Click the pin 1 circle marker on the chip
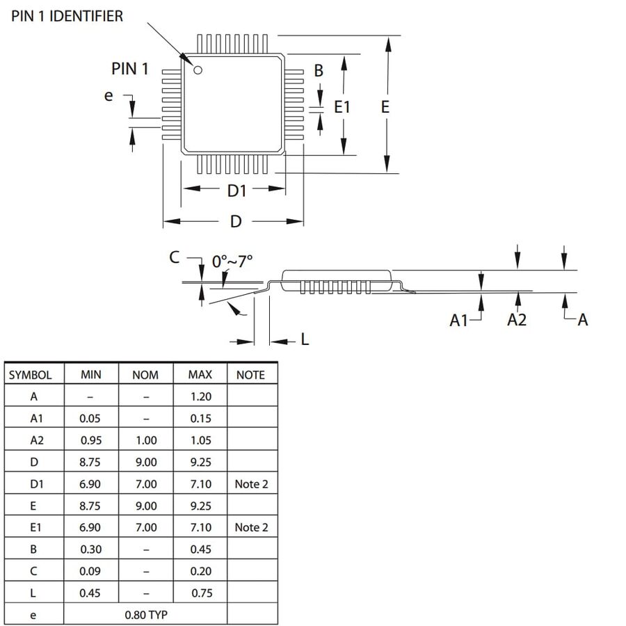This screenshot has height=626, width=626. click(198, 70)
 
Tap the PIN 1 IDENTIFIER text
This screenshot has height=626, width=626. click(67, 17)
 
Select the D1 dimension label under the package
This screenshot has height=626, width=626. click(236, 191)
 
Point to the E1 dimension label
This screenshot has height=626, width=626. click(342, 107)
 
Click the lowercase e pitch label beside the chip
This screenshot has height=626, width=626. click(109, 96)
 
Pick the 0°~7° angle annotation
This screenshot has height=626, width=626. click(232, 262)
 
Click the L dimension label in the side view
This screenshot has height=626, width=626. click(305, 339)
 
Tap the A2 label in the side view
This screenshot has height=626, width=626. click(517, 320)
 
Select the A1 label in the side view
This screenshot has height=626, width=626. click(459, 320)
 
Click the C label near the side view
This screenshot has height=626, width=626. click(174, 257)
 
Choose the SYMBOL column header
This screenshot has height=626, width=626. click(31, 375)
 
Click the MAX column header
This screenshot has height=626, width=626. click(200, 374)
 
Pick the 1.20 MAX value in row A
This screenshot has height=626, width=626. click(201, 396)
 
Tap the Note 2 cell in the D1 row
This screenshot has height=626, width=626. click(252, 484)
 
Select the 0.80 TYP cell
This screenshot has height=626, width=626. click(146, 615)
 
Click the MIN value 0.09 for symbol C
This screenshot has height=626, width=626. click(90, 571)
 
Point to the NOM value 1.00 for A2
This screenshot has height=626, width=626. click(146, 440)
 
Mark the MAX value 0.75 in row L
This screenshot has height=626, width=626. click(202, 593)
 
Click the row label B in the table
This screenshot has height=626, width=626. click(33, 549)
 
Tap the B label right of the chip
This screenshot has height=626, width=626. click(318, 71)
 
